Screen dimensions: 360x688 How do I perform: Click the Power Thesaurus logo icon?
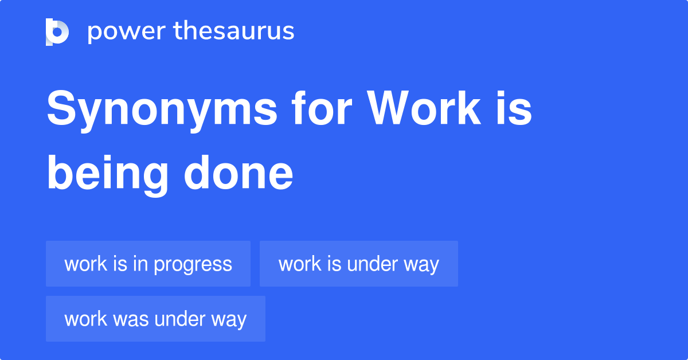tap(57, 32)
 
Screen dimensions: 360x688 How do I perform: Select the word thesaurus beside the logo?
tap(234, 32)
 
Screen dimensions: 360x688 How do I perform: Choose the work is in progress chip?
tap(148, 264)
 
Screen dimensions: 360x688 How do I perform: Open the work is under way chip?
tap(358, 264)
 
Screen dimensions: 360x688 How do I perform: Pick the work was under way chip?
tap(155, 319)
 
